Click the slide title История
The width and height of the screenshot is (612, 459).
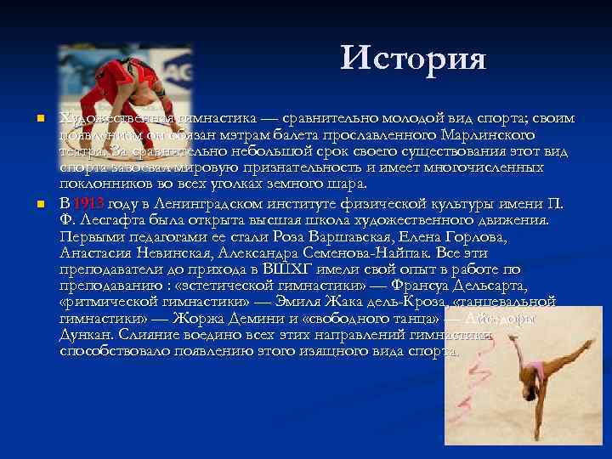point(413,59)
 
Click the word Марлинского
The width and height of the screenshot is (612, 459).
point(488,135)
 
